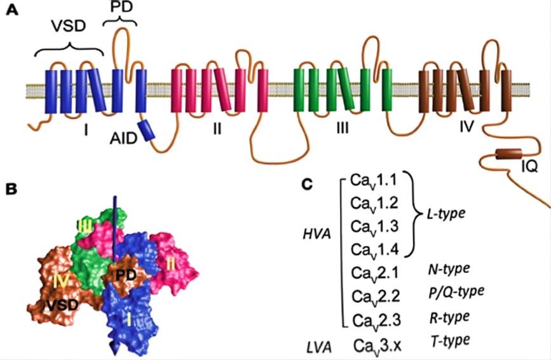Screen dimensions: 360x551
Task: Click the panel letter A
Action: tap(11, 11)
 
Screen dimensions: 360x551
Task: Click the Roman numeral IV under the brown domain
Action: tap(466, 127)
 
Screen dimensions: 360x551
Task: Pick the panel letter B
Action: tap(11, 188)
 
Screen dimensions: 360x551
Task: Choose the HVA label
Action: tap(316, 235)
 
